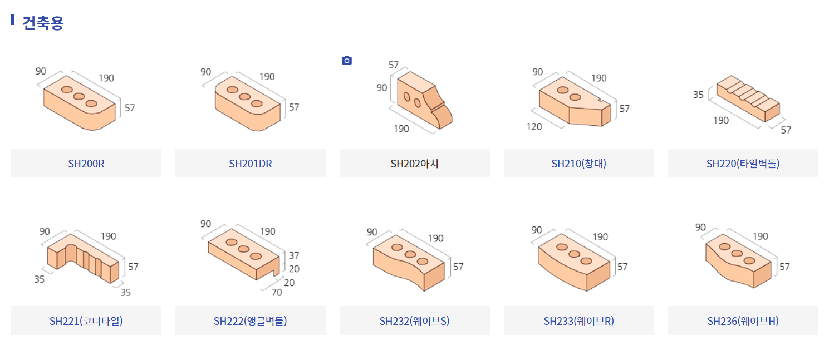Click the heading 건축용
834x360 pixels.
click(43, 23)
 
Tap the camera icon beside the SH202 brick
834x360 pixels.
click(347, 60)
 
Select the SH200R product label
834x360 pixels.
click(86, 164)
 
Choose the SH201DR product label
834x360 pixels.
click(251, 164)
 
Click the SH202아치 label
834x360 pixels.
click(414, 164)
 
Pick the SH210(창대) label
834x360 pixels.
click(578, 164)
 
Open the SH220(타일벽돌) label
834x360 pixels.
click(743, 164)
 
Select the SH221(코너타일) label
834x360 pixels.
click(86, 321)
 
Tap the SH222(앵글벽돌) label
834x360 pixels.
click(251, 321)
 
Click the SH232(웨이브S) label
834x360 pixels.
click(414, 321)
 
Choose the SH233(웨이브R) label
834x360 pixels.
click(578, 321)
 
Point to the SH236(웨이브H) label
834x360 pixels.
click(743, 321)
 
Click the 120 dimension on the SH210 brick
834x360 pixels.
click(534, 127)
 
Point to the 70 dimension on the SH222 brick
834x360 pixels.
click(276, 292)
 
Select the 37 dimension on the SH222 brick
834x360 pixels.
click(294, 256)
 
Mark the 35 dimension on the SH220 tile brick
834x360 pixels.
click(698, 95)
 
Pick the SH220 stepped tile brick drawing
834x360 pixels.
click(748, 99)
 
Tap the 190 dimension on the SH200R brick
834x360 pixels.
click(106, 78)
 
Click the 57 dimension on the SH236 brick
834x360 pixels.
click(784, 267)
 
